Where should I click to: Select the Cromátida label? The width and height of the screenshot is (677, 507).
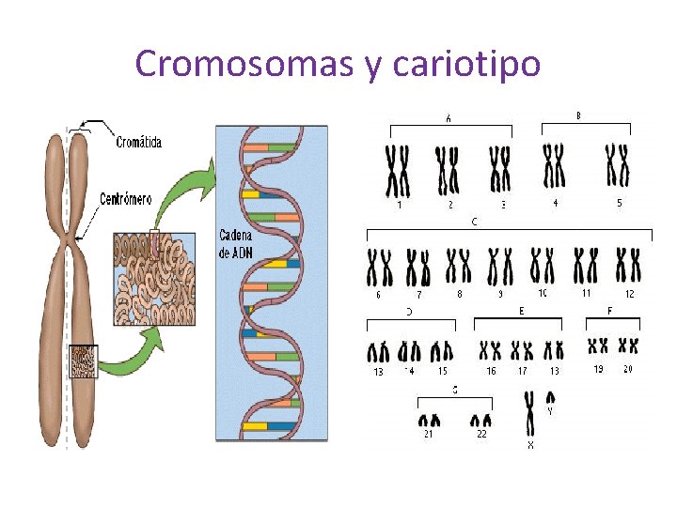pyautogui.click(x=138, y=142)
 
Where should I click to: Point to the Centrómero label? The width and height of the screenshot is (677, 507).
pyautogui.click(x=125, y=199)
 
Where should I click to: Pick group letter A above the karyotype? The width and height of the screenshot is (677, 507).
pyautogui.click(x=449, y=118)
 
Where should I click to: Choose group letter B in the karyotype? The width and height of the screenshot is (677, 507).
pyautogui.click(x=577, y=115)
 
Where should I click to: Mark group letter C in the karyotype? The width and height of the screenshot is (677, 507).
pyautogui.click(x=474, y=223)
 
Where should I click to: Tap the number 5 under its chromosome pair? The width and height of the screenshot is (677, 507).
pyautogui.click(x=619, y=203)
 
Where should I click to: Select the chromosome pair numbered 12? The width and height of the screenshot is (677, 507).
pyautogui.click(x=628, y=266)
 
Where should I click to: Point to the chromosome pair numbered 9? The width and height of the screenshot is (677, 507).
pyautogui.click(x=500, y=267)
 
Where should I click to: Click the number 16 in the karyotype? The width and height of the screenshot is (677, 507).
pyautogui.click(x=491, y=372)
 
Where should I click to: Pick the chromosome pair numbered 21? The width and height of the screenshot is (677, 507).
pyautogui.click(x=429, y=421)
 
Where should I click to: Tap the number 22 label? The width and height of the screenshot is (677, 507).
pyautogui.click(x=481, y=434)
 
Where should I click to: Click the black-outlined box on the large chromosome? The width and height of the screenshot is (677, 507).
pyautogui.click(x=84, y=361)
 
